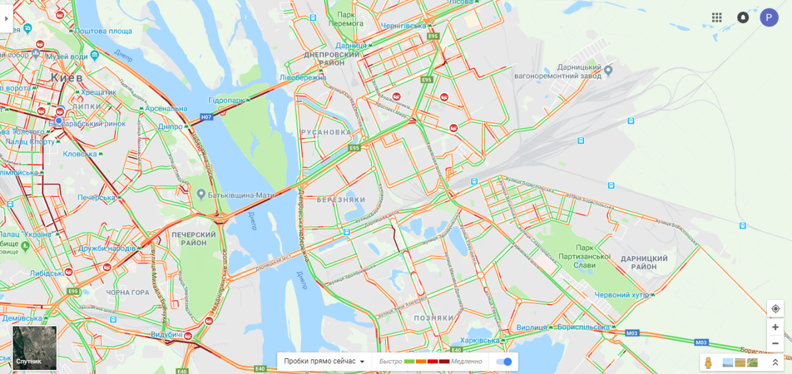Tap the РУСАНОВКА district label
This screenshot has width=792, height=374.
tap(325, 132)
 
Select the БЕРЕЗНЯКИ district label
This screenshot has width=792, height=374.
tap(341, 200)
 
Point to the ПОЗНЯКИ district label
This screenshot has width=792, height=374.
tap(434, 318)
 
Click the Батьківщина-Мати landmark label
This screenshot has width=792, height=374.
tap(237, 194)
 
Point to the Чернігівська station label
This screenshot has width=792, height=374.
tap(403, 25)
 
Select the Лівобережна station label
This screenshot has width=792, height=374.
tap(303, 77)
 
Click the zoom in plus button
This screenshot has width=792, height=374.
tap(775, 327)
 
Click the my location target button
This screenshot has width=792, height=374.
tap(775, 309)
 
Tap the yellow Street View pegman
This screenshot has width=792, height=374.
tap(709, 363)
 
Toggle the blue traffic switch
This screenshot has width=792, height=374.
tap(504, 361)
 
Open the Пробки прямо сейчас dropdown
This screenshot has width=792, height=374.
tap(324, 361)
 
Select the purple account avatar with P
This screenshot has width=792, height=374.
tap(769, 17)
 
